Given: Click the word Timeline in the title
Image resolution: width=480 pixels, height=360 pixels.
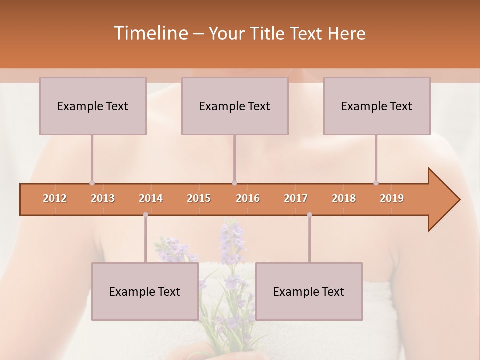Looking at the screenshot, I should coord(150,33).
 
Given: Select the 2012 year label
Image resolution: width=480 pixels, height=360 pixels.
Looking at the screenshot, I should coord(55,198).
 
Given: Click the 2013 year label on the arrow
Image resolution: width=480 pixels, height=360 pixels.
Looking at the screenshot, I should coord(103,198).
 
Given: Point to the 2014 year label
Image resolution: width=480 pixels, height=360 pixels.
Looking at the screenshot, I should coord(151,198).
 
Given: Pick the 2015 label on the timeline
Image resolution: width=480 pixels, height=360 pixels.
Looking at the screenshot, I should coord(199,198).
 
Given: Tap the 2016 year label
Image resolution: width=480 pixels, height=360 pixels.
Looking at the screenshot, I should coord(248,198).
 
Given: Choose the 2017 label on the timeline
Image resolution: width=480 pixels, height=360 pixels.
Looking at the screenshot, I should coord(296,198).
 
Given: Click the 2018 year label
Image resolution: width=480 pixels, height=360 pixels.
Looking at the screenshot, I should coord(344,198).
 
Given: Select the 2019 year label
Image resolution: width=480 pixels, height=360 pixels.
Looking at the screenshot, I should coord(392,198).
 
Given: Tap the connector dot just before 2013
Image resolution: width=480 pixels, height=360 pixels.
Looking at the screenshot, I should coord(92,183).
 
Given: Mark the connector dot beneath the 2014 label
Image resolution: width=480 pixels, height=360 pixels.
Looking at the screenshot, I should coord(145,215).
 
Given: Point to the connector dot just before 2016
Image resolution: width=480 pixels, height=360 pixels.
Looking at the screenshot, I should coord(234,183).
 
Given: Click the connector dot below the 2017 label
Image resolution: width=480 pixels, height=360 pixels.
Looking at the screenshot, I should coord(309,215).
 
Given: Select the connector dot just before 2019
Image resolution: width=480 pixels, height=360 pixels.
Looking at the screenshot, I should coord(376,183).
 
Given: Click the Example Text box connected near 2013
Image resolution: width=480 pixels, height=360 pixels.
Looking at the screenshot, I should coord(93,106).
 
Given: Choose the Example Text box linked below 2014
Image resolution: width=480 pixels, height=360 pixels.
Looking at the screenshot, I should coord(145,291).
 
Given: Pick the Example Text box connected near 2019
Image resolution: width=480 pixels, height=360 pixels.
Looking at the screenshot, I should coord(377,106).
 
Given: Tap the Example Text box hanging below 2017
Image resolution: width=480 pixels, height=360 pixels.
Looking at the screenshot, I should coord(309,291).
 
